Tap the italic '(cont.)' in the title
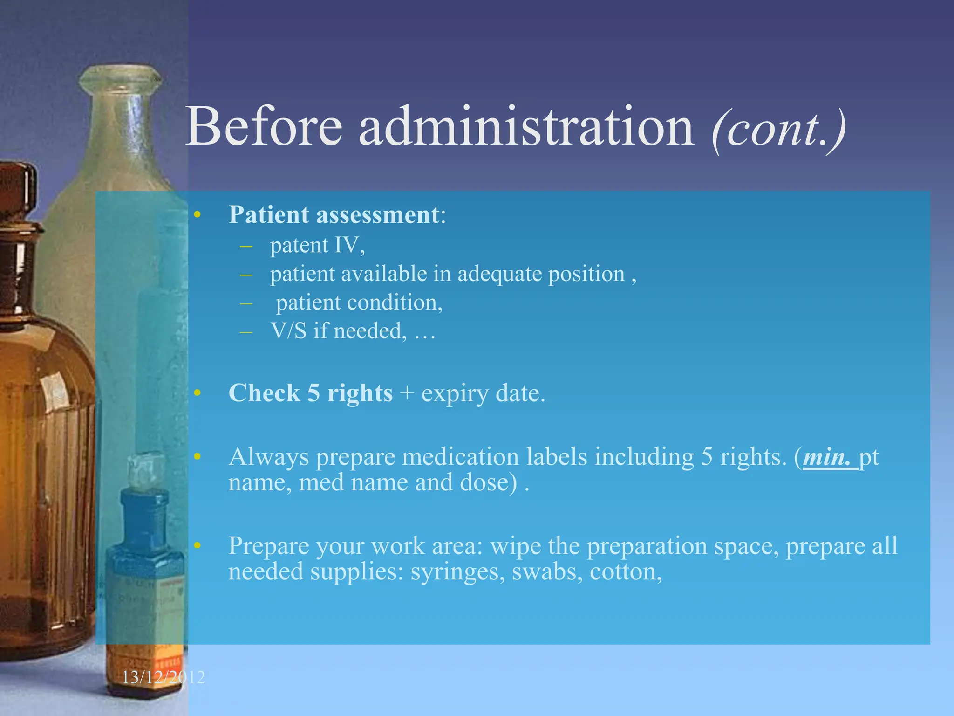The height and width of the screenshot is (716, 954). point(778,129)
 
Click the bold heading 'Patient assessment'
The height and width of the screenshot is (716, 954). point(334,215)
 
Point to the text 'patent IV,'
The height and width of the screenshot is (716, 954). point(317,245)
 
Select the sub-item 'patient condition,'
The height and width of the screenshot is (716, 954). point(359,303)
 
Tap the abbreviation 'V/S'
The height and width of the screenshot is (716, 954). point(288,331)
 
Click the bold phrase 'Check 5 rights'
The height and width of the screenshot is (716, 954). point(310,393)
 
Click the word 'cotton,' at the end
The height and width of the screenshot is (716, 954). point(626,572)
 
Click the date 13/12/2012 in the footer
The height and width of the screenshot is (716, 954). point(163,677)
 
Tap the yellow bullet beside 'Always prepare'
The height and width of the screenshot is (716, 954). point(197,457)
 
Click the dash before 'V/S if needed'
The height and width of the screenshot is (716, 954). point(246,331)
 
